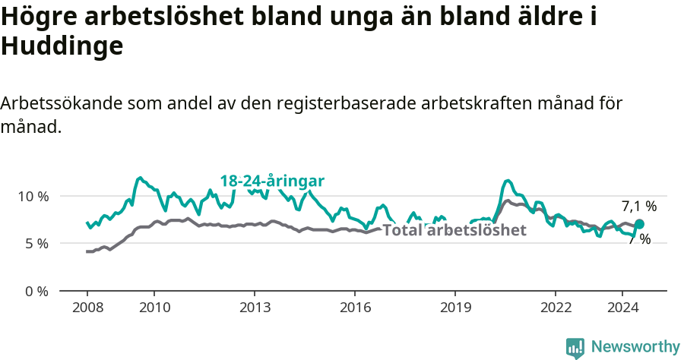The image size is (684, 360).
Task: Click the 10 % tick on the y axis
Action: coord(33,196)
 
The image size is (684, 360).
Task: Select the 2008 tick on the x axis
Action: coord(87,307)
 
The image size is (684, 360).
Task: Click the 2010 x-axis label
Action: coord(154,307)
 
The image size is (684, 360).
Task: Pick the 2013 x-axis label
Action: coord(254,307)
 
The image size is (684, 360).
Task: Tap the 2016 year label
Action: coord(354,307)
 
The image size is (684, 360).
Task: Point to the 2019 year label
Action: coord(454,307)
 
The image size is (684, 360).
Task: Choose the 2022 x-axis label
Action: coord(555,307)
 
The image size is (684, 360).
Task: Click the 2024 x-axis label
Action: coord(622,307)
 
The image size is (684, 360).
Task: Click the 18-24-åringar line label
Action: coord(272,181)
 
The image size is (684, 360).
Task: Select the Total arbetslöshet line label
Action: coord(454,230)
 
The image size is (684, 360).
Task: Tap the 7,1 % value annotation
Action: coord(639,206)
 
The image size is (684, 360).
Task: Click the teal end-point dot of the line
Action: coord(640,224)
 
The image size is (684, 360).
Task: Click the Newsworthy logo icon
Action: coord(575,348)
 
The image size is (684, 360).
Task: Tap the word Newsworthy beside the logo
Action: coord(635,347)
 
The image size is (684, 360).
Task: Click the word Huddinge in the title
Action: coord(62,47)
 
